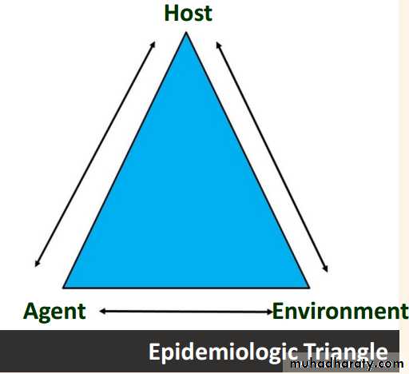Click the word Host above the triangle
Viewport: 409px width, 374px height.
click(x=188, y=14)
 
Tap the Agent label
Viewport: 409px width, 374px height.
click(x=54, y=312)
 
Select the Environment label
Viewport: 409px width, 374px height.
click(x=340, y=311)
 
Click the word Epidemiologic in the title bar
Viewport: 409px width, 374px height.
click(x=223, y=352)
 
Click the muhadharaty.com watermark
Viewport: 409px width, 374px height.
click(x=347, y=364)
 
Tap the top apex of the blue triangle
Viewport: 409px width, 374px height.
click(x=186, y=32)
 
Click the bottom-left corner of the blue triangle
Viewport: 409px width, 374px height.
click(x=63, y=288)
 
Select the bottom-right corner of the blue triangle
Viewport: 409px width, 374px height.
click(x=309, y=288)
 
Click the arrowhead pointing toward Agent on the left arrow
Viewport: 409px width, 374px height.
click(x=37, y=264)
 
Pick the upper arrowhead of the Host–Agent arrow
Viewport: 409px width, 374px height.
click(x=153, y=44)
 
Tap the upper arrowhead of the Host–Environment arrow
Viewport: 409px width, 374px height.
click(x=218, y=45)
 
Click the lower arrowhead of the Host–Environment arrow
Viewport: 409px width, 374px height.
click(x=326, y=269)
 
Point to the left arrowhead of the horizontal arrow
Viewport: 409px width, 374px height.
click(x=102, y=311)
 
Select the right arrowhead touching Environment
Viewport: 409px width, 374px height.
click(x=269, y=312)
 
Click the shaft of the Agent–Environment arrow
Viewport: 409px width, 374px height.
click(x=186, y=311)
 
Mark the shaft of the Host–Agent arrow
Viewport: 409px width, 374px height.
click(x=95, y=153)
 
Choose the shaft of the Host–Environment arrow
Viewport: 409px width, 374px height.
click(x=272, y=157)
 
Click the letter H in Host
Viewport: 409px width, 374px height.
click(x=171, y=14)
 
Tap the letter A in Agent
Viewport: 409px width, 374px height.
click(x=31, y=311)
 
